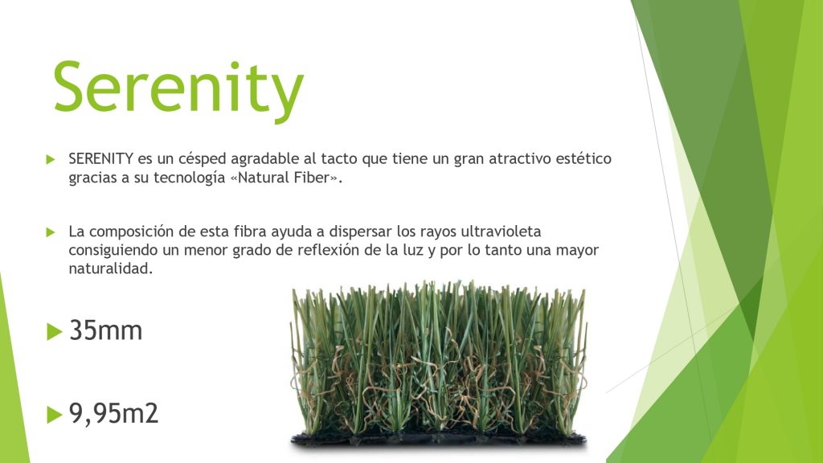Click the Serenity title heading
coord(178,88)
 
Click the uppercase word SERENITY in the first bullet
coord(100,158)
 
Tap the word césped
coord(202,159)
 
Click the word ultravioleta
coord(501,231)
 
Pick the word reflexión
coord(329,250)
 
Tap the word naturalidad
coord(110,268)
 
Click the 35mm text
coord(106,330)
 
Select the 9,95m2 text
coord(113,413)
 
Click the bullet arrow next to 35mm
coord(54,331)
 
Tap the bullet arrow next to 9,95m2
coord(54,414)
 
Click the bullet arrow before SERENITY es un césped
coord(51,159)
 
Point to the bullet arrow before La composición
coord(51,232)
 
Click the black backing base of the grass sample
coord(439,439)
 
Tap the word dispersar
coord(361,232)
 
